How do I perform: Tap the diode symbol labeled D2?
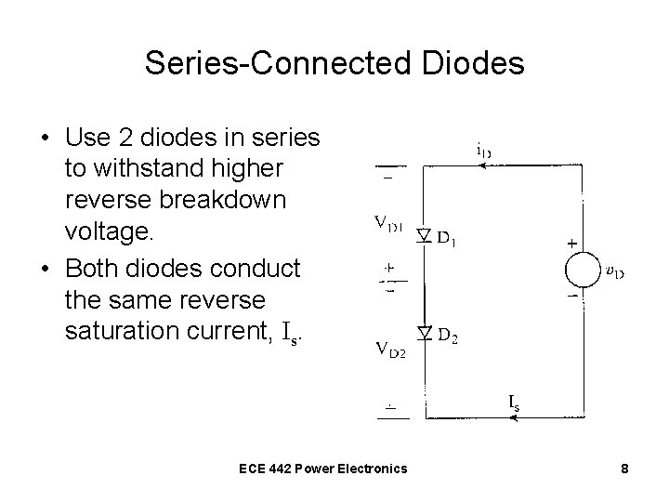point(423,333)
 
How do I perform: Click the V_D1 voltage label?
point(388,223)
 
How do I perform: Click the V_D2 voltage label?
point(389,350)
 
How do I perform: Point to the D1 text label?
point(448,241)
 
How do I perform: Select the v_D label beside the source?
point(614,272)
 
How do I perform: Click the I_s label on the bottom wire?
point(514,402)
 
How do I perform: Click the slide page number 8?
point(625,469)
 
